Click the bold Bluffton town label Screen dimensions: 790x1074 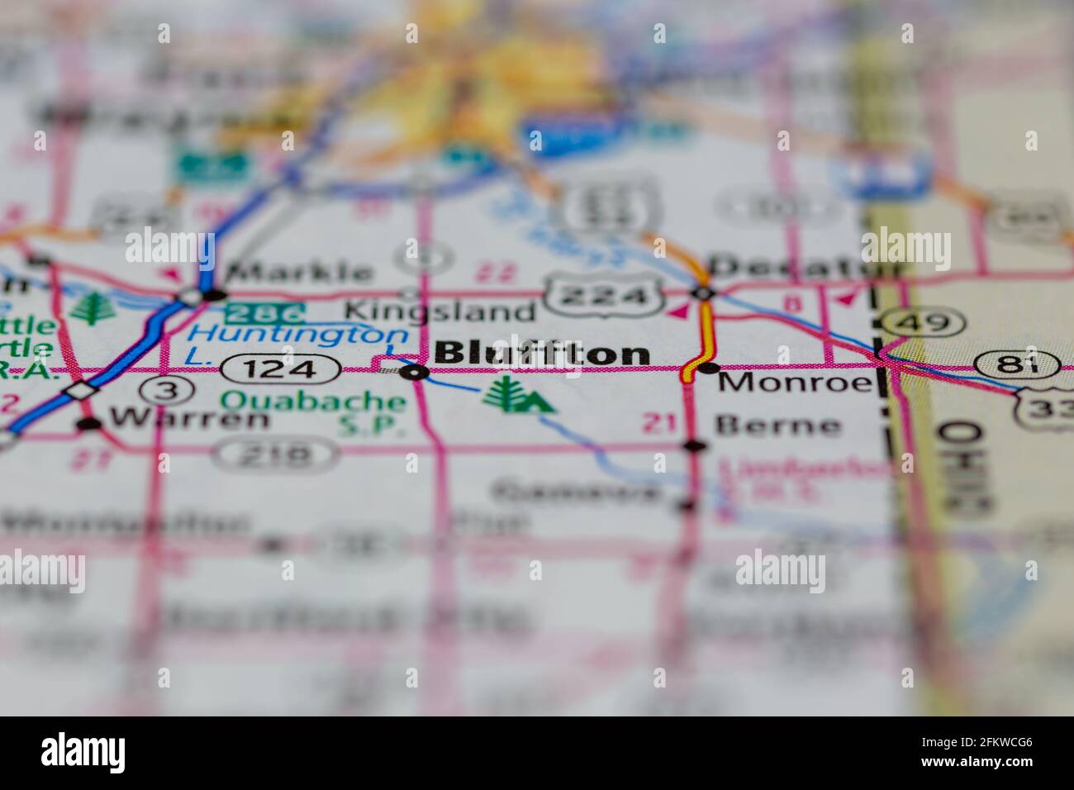[x=541, y=354]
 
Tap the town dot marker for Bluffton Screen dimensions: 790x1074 [x=414, y=374]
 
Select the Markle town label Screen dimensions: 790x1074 [x=299, y=270]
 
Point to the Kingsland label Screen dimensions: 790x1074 [x=440, y=311]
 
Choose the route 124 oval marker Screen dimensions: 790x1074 [x=279, y=369]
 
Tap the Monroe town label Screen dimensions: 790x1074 [x=794, y=382]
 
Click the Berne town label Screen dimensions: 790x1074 [x=777, y=426]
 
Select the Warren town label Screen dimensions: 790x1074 [x=189, y=418]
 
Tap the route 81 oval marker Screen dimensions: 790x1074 [x=1017, y=363]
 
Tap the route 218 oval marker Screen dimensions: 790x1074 [x=274, y=453]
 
